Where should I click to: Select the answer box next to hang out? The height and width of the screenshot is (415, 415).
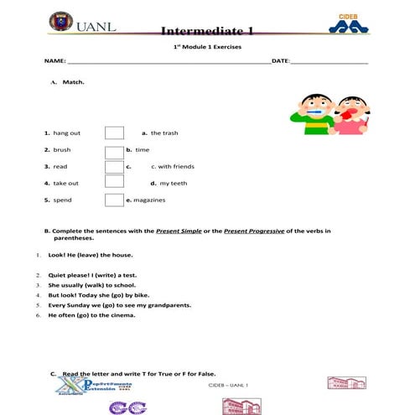[x=114, y=133]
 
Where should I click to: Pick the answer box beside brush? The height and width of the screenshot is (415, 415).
[x=114, y=151]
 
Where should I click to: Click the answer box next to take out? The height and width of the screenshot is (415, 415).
[x=114, y=183]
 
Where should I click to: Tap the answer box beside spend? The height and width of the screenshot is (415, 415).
[x=114, y=200]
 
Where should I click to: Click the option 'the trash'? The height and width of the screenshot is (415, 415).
[x=164, y=133]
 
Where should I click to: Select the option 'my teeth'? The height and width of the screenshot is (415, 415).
[x=174, y=183]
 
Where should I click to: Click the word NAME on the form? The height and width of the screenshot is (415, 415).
[x=54, y=62]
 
